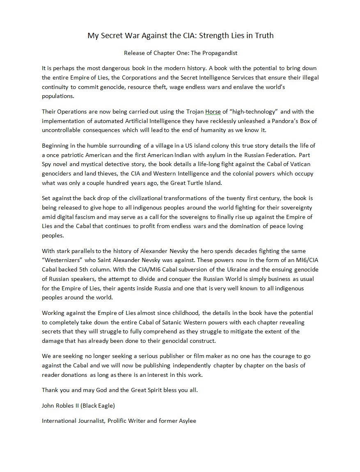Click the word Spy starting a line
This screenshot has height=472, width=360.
click(x=47, y=164)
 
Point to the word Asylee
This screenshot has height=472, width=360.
click(x=186, y=421)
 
